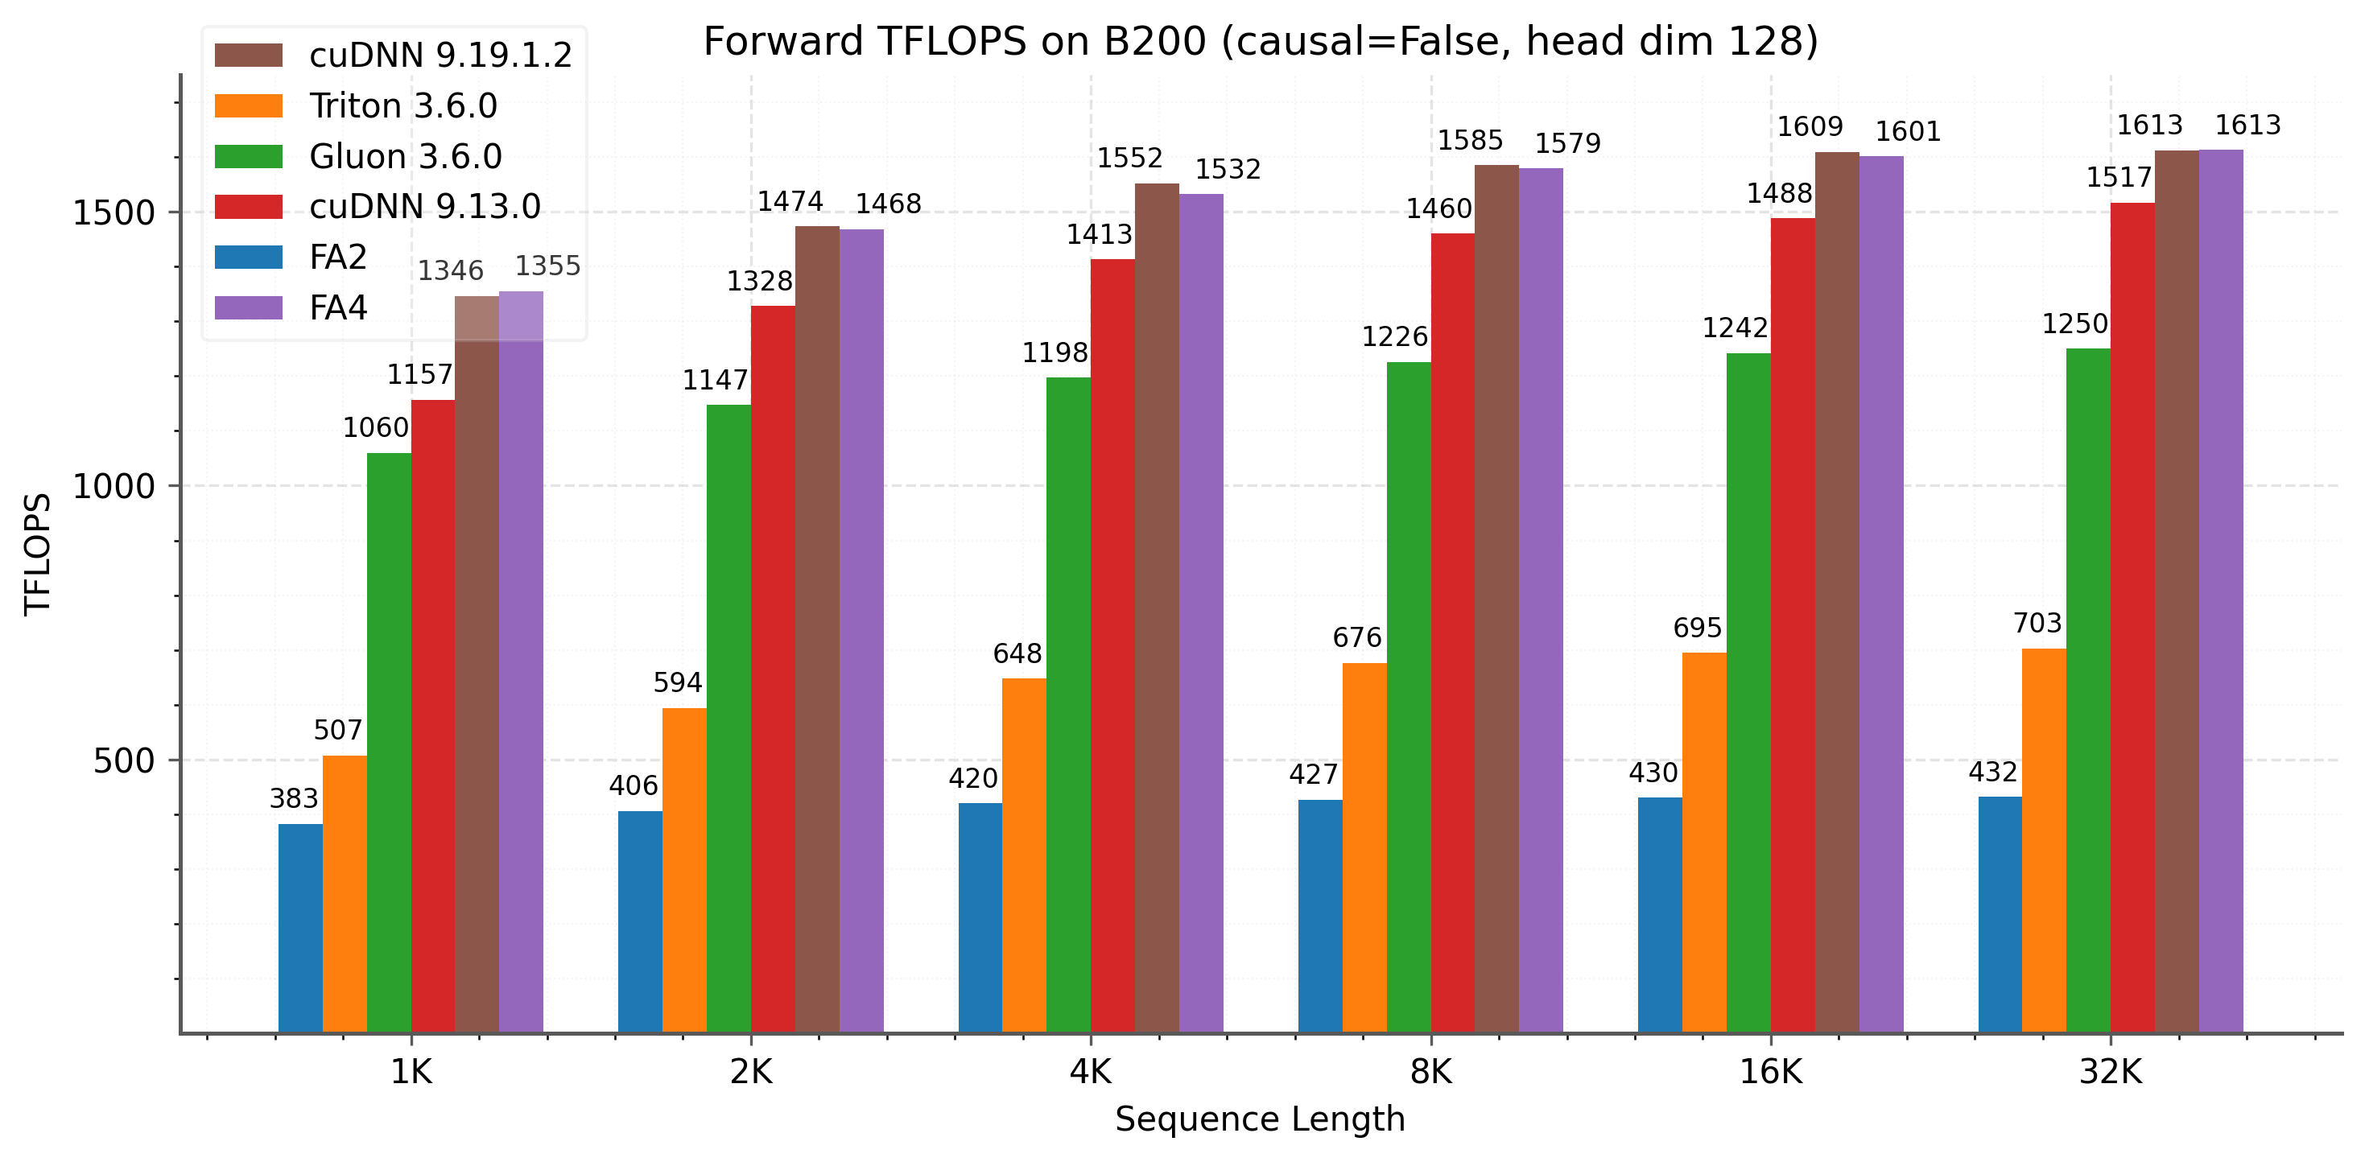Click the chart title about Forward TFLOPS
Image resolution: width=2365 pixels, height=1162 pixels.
coord(1260,42)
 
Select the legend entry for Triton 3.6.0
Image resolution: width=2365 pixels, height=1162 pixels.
coord(402,105)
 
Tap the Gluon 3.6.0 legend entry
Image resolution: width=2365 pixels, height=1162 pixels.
coord(405,156)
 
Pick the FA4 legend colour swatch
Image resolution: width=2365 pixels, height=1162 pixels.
coord(248,307)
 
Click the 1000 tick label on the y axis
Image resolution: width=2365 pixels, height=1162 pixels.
coord(114,485)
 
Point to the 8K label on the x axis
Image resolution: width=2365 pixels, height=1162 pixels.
coord(1430,1071)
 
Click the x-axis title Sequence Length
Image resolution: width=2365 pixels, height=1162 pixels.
coord(1260,1120)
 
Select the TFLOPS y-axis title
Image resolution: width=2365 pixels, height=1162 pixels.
coord(38,554)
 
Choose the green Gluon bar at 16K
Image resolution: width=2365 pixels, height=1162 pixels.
coord(1748,693)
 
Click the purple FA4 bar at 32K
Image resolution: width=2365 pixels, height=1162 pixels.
coord(2221,591)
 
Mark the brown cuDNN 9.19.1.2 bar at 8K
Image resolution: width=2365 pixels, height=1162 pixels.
coord(1496,599)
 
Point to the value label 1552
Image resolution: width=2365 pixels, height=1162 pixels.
coord(1129,159)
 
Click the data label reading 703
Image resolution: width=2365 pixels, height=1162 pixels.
coord(2037,623)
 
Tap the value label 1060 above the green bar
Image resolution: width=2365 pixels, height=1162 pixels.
coord(375,428)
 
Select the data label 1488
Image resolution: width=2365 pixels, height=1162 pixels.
coord(1779,194)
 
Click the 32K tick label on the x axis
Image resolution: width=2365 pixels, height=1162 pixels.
coord(2110,1071)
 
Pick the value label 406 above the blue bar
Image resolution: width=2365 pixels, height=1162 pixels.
coord(634,785)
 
